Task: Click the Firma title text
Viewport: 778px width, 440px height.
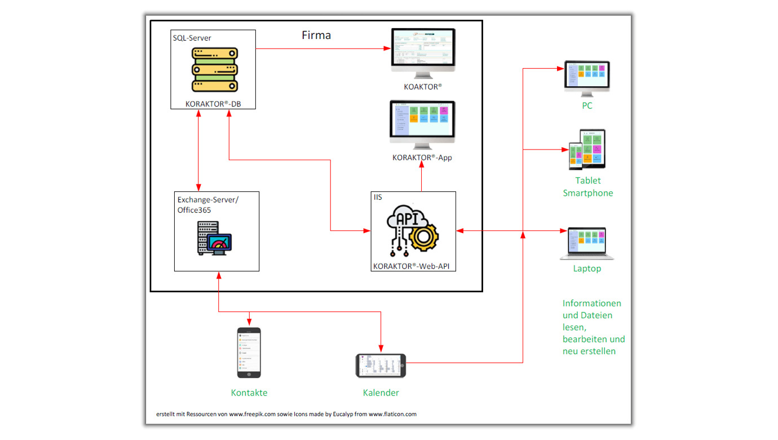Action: point(316,36)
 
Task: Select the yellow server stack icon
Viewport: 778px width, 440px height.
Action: point(213,69)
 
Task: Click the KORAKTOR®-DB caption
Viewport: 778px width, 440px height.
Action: point(213,103)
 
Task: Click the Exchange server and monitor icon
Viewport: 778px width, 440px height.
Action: point(215,238)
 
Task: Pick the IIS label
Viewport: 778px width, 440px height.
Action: point(378,197)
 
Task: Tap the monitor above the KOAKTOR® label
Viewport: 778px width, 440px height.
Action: point(423,54)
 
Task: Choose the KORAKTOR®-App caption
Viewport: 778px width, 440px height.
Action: point(422,157)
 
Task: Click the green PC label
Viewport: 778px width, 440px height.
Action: point(587,105)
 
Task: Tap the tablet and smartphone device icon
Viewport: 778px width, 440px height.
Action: point(587,149)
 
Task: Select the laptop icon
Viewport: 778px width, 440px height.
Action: point(587,243)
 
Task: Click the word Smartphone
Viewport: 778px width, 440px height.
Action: point(587,193)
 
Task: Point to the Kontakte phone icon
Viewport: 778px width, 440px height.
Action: point(249,353)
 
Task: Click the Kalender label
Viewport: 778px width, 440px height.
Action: point(381,393)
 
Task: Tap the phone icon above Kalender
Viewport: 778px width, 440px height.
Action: point(381,366)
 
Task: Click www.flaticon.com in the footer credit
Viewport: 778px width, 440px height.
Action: point(392,414)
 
